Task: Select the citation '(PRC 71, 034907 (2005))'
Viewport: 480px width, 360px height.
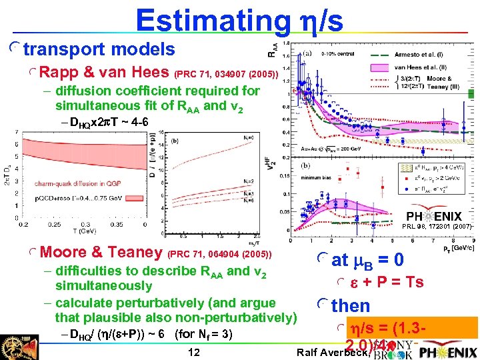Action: coord(226,74)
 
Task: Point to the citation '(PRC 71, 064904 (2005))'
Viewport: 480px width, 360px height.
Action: coord(221,254)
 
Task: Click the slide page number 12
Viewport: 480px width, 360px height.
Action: coord(193,351)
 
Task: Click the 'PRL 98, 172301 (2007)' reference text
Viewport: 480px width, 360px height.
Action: coord(437,227)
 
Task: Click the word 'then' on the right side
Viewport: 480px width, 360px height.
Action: coord(350,306)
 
